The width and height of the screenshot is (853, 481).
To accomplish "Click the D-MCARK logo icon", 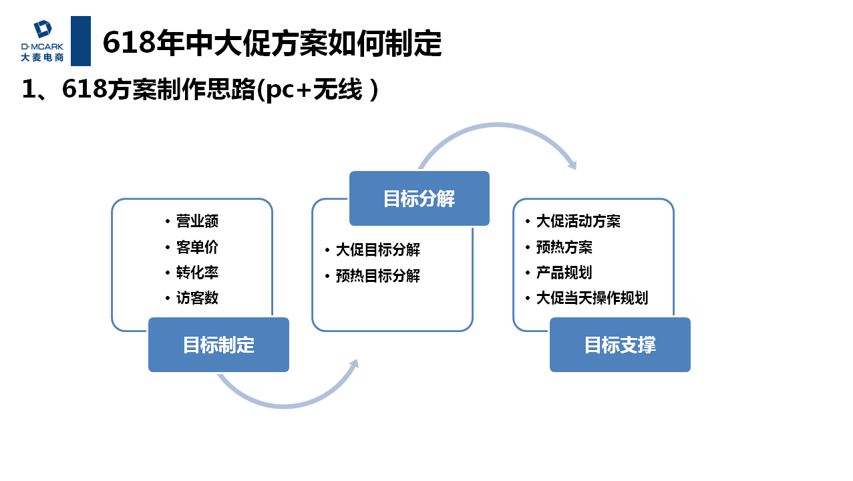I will point(43,29).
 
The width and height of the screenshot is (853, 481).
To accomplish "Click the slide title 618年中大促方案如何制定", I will point(272,43).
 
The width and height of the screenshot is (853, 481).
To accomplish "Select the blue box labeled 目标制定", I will point(218,345).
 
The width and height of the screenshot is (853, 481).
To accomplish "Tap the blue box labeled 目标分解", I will point(419,198).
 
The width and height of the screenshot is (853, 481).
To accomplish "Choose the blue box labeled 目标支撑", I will point(620,345).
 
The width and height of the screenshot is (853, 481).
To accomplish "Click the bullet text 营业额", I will point(197,221).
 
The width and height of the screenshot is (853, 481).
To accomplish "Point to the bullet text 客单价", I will point(197,247).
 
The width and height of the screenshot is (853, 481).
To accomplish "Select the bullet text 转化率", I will point(197,273).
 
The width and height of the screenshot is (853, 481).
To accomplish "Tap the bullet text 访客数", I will point(197,298).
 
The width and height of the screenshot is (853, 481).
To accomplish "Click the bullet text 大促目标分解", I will point(377,251).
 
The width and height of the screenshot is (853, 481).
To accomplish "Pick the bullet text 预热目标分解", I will point(377,276).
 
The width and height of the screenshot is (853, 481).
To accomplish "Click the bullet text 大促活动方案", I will point(578,221).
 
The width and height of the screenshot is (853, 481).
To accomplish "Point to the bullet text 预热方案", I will point(564,247).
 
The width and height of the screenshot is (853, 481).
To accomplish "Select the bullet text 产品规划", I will point(564,273).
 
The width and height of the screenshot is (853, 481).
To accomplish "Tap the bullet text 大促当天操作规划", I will point(592,298).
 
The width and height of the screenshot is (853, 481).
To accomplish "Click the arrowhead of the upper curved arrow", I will point(571,164).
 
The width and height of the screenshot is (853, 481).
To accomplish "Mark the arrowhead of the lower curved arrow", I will point(354,364).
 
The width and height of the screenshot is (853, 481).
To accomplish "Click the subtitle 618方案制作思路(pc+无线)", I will point(200,90).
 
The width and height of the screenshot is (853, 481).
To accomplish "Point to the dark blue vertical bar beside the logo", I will point(80,41).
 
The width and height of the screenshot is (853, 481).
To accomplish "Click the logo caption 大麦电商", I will point(42,57).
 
